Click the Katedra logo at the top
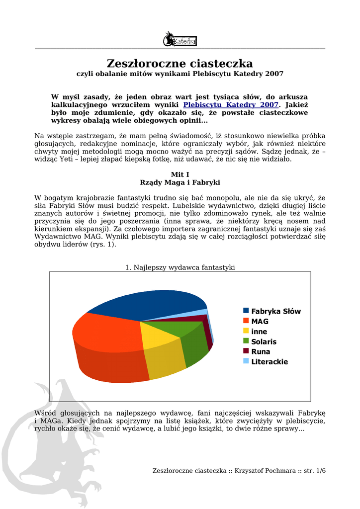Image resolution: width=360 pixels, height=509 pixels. click(180, 39)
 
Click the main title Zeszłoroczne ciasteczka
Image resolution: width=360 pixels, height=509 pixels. click(180, 64)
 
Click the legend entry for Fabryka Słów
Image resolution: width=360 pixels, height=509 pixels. click(275, 311)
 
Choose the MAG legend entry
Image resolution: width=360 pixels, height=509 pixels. click(260, 322)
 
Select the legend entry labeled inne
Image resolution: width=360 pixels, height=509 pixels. click(259, 332)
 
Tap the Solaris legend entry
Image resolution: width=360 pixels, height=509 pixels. click(264, 341)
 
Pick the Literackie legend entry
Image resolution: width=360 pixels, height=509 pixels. click(269, 361)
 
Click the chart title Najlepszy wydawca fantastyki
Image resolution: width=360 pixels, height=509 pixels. click(180, 267)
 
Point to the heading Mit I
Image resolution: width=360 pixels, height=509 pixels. click(180, 174)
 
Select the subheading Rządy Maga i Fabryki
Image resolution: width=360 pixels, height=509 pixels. click(180, 182)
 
